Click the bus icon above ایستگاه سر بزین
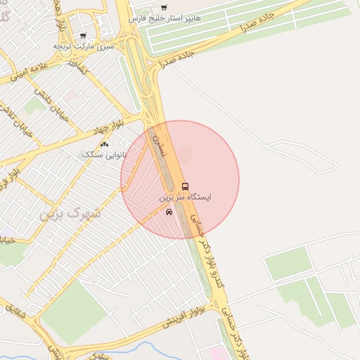click(x=185, y=186)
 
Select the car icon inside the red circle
click(x=169, y=212)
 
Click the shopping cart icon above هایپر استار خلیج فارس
click(x=164, y=8)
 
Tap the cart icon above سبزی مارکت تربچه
click(x=83, y=35)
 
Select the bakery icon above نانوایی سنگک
click(x=105, y=143)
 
